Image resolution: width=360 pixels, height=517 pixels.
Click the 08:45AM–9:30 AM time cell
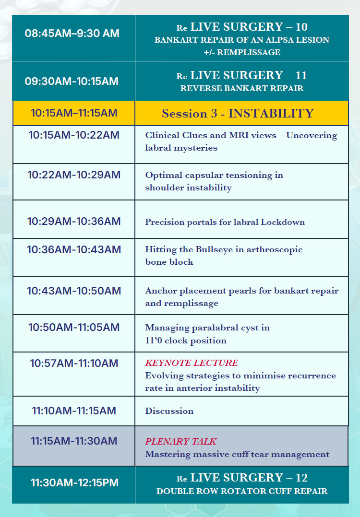point(72,34)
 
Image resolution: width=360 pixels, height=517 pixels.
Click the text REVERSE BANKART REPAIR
point(241,88)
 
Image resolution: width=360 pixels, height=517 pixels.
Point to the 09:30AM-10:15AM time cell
point(72,81)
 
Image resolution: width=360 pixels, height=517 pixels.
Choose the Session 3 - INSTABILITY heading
point(238,113)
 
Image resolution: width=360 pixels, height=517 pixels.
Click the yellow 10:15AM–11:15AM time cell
point(74,113)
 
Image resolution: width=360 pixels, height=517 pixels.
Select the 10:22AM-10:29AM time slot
point(74,175)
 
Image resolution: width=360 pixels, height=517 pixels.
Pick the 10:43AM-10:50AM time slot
point(74,291)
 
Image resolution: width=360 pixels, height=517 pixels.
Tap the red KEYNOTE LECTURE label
point(192,363)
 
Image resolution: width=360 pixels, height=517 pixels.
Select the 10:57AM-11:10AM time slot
point(74,364)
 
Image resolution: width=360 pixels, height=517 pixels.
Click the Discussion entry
point(169,411)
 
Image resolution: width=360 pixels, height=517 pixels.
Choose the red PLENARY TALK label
point(181,441)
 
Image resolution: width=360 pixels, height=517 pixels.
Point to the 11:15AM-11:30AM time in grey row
point(74,441)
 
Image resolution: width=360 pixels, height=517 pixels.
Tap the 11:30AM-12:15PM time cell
point(74,483)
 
